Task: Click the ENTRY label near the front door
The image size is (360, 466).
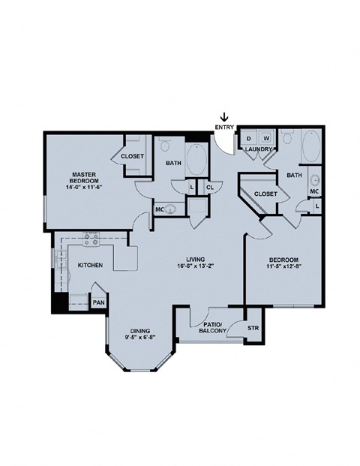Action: tap(223, 128)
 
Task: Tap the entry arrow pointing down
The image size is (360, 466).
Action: tap(223, 116)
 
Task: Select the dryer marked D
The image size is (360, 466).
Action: tap(248, 139)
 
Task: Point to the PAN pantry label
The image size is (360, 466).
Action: tap(97, 302)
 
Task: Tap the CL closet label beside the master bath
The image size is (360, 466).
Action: tap(210, 186)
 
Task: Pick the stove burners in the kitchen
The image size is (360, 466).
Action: tap(91, 239)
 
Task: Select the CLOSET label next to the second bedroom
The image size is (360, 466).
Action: tap(265, 194)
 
